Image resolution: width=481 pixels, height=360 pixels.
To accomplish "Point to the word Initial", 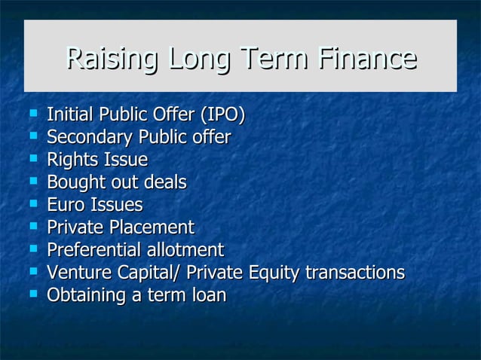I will (72, 115).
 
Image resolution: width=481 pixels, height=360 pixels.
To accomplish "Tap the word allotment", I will (188, 250).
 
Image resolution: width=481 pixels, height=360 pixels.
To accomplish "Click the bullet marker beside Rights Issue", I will (32, 160).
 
